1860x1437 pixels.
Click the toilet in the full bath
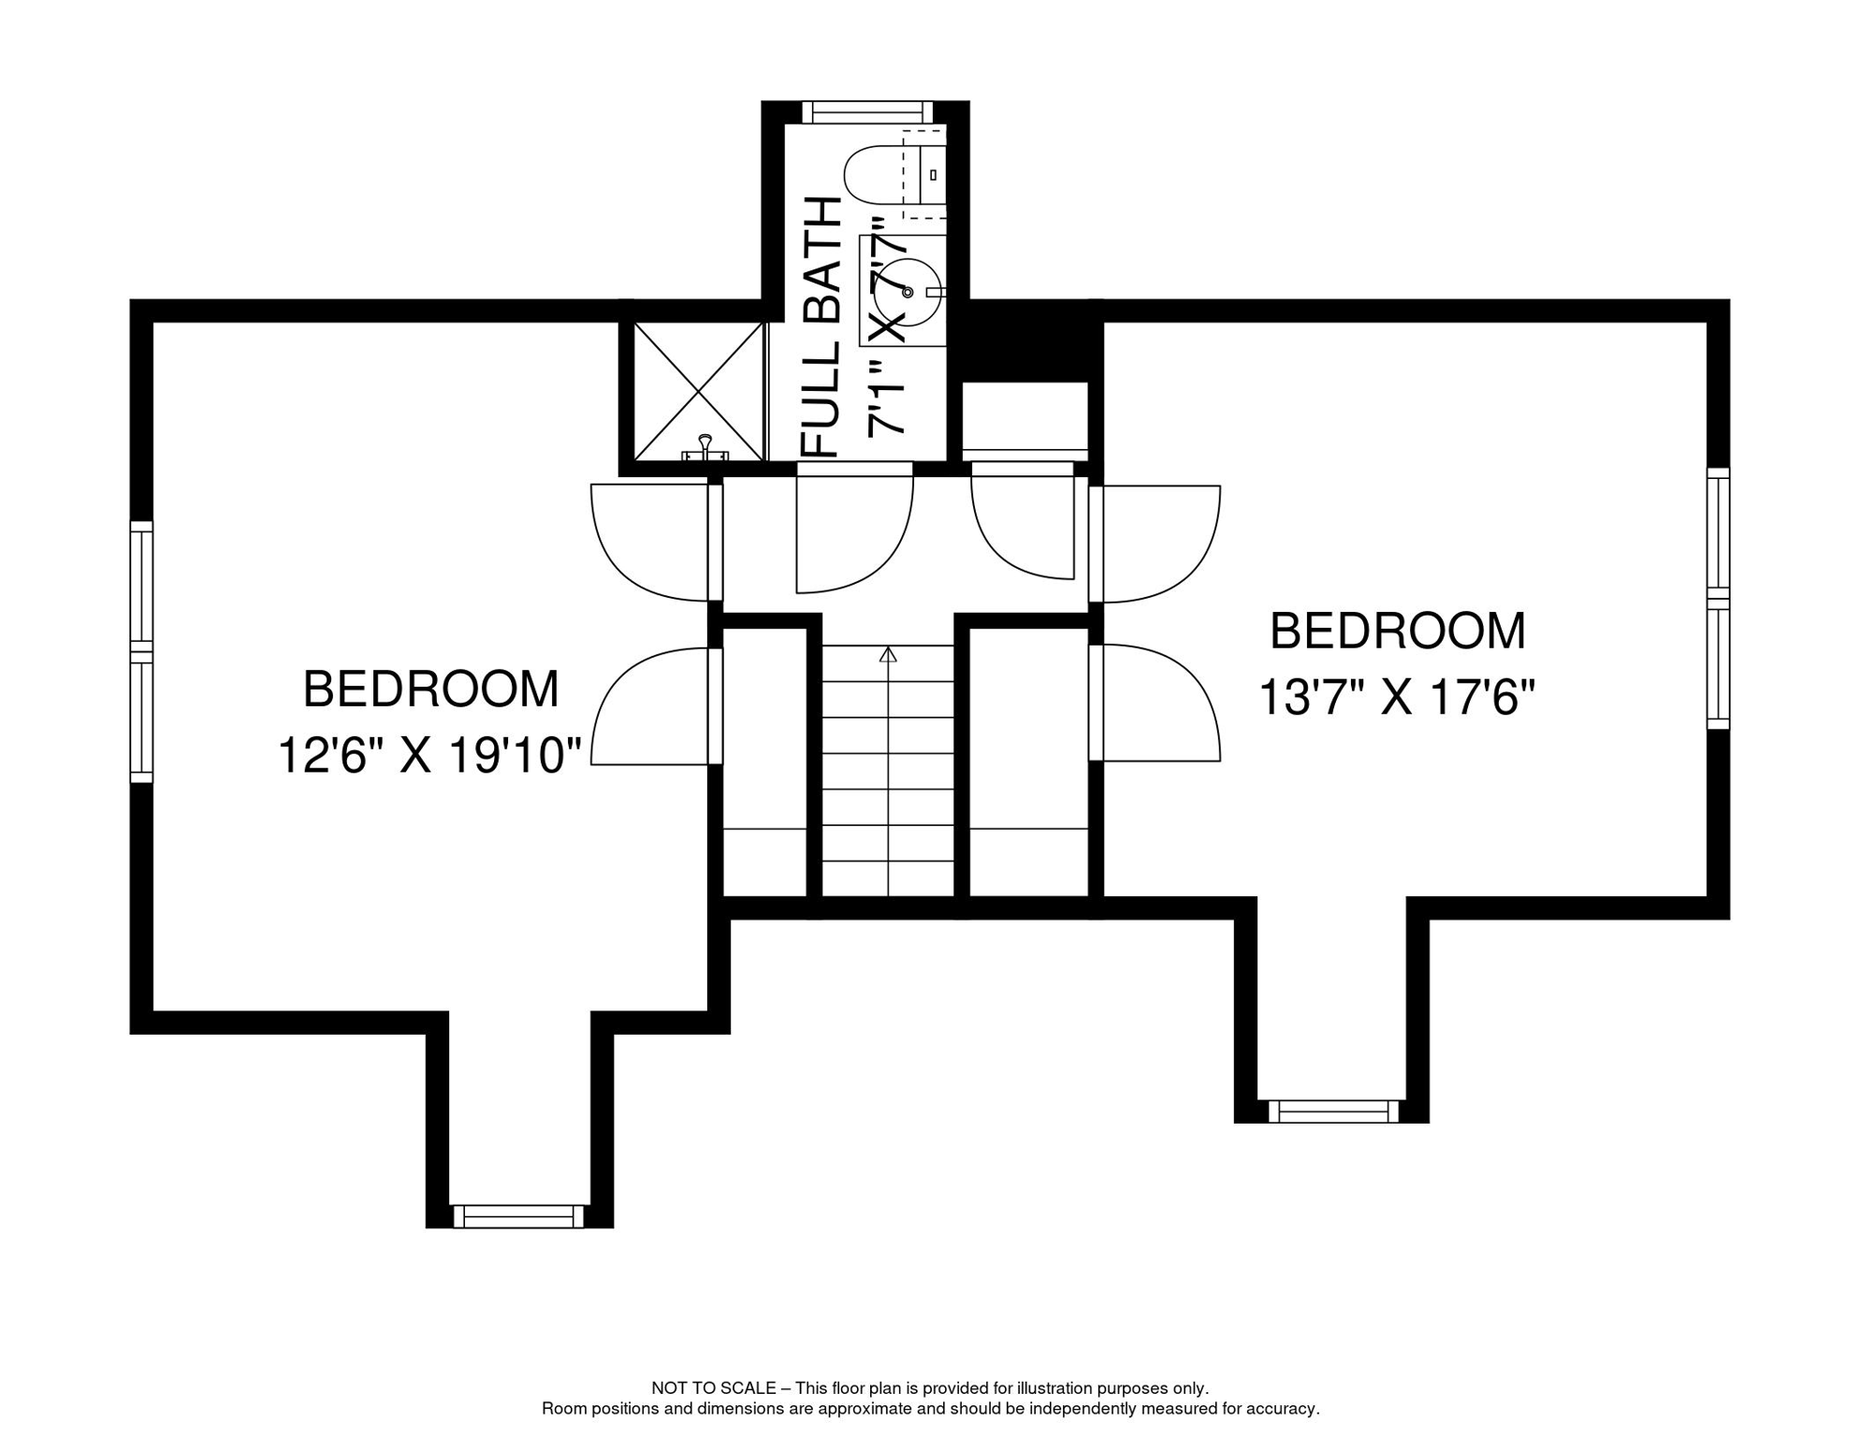pyautogui.click(x=884, y=175)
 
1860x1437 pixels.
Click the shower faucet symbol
pyautogui.click(x=705, y=447)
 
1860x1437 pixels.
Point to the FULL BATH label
pyautogui.click(x=822, y=327)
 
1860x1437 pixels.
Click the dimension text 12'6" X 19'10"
pyautogui.click(x=430, y=754)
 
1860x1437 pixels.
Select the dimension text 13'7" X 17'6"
pyautogui.click(x=1396, y=697)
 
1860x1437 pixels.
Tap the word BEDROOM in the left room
pyautogui.click(x=430, y=689)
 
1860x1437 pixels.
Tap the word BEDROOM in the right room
pyautogui.click(x=1397, y=631)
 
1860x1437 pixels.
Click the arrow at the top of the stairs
pyautogui.click(x=888, y=655)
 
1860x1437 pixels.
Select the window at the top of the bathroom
pyautogui.click(x=867, y=112)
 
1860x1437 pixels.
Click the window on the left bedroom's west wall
pyautogui.click(x=141, y=651)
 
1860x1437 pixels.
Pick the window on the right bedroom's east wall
pyautogui.click(x=1718, y=599)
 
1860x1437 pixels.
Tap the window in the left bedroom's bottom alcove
pyautogui.click(x=518, y=1216)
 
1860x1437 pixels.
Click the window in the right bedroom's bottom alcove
pyautogui.click(x=1333, y=1111)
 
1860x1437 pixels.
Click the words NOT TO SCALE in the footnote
pyautogui.click(x=713, y=1388)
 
